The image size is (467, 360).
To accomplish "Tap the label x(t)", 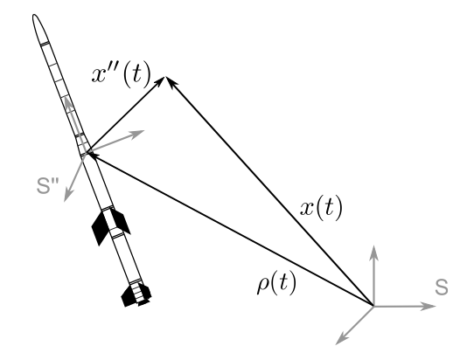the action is click(x=321, y=207).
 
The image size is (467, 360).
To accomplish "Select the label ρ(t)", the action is click(x=276, y=283).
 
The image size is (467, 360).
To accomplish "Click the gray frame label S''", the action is click(x=47, y=185).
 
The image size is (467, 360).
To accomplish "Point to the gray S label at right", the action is click(x=442, y=287).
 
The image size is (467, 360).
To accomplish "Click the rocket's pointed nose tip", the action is click(x=34, y=15).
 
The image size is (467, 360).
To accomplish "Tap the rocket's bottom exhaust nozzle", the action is click(x=143, y=303).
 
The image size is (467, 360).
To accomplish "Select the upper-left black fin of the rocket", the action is click(x=101, y=227).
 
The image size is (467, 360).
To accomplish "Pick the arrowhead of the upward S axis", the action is click(x=373, y=252).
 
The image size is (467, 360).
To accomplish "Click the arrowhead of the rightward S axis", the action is click(x=429, y=306).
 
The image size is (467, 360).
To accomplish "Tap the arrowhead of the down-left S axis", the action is click(x=341, y=340).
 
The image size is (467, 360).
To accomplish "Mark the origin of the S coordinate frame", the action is click(x=373, y=306).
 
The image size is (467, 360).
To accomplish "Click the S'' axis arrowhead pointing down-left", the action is click(x=67, y=196).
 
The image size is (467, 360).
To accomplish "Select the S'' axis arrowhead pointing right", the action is click(x=138, y=133).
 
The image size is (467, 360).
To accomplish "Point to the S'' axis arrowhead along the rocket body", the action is click(x=67, y=102).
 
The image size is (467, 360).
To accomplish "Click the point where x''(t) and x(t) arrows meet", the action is click(x=164, y=77).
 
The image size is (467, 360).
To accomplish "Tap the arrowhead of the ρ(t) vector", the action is click(x=92, y=155).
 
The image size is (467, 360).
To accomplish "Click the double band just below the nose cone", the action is click(x=45, y=44).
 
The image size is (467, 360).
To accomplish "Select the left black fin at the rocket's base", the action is click(x=128, y=296).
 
